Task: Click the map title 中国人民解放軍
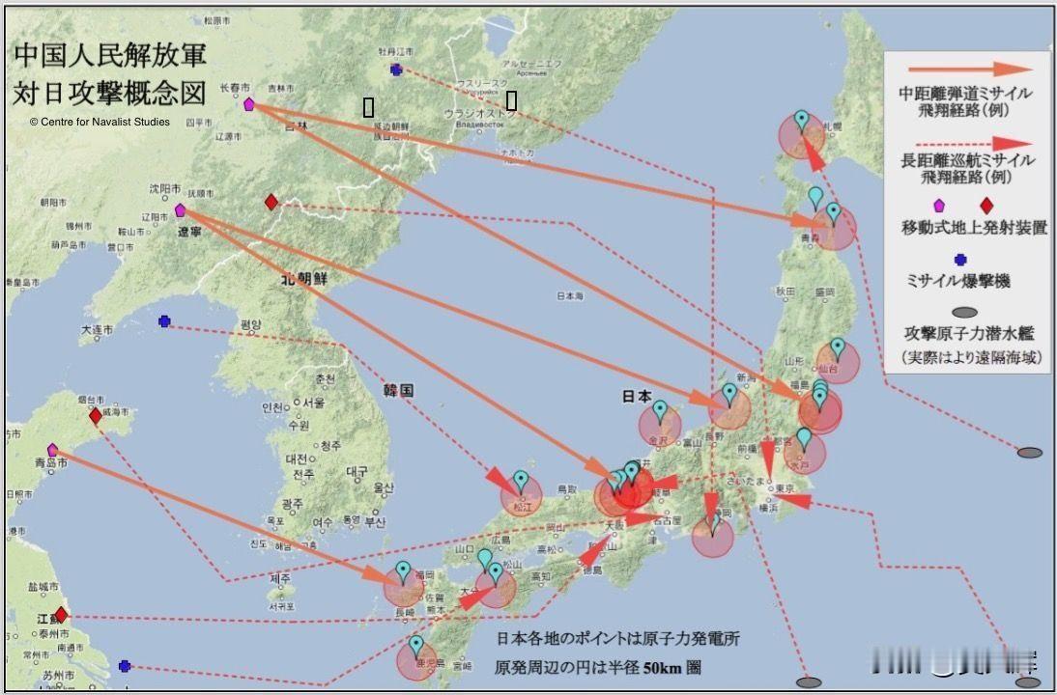109,55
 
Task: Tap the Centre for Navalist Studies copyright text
100,122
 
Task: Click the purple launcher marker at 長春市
249,104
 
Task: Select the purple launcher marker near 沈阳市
180,210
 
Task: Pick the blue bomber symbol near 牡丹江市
396,69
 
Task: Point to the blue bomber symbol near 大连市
164,321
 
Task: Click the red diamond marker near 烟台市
95,416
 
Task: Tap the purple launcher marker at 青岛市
52,450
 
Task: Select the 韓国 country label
398,391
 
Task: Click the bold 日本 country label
636,396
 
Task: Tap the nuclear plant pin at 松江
521,480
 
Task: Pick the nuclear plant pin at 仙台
838,347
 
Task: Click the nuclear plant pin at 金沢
660,410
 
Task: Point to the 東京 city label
784,488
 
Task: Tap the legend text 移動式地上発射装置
974,228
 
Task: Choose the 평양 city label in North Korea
251,324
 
